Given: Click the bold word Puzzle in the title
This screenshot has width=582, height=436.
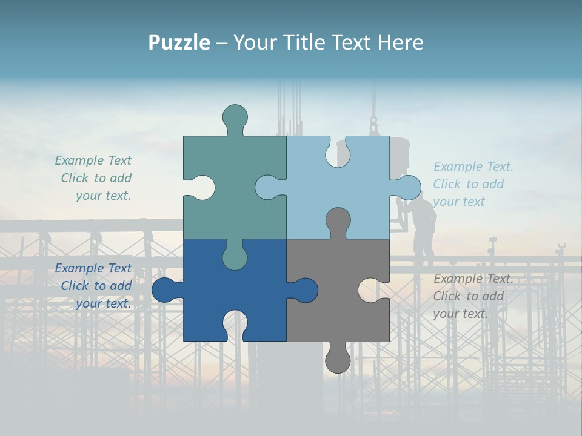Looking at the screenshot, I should (179, 42).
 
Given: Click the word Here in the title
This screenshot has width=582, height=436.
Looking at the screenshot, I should (400, 42).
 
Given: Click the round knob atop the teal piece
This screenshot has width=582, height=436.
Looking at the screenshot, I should (235, 116).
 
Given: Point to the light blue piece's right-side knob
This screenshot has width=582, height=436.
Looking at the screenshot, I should (408, 187).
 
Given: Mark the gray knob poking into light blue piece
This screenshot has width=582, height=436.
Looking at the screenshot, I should (338, 220).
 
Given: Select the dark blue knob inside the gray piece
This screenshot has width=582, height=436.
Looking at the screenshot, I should (305, 290).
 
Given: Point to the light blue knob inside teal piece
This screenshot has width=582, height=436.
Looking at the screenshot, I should (267, 187).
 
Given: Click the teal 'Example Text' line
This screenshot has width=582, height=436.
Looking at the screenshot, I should (93, 160).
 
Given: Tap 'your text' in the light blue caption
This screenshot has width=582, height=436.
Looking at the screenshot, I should (459, 202).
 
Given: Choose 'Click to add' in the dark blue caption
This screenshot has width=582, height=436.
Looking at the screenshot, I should (96, 286).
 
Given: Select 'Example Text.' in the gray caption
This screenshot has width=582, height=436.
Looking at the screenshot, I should (473, 279).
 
